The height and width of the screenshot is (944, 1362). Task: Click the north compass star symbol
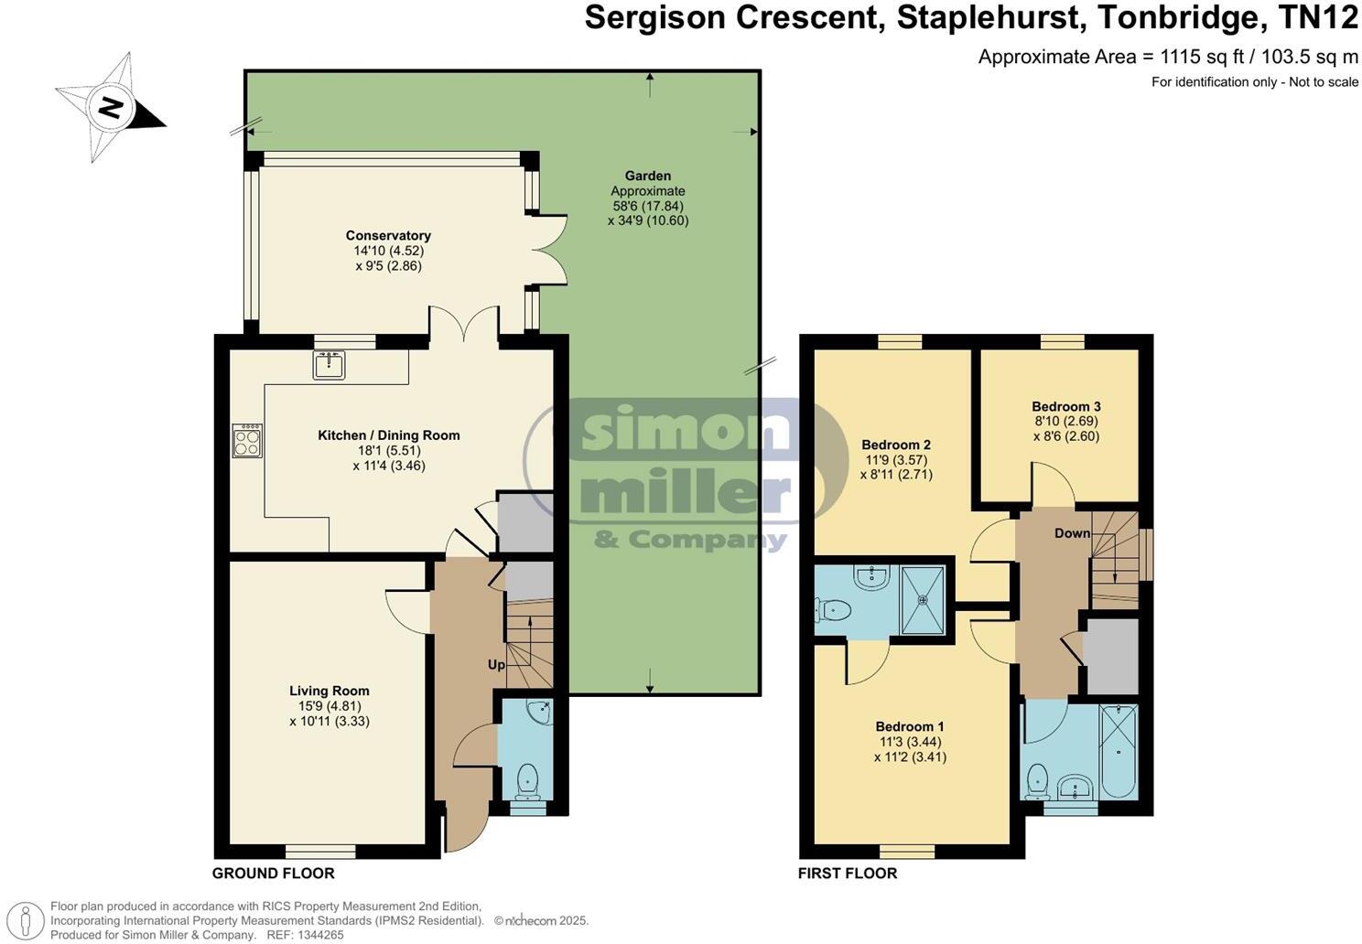(x=110, y=109)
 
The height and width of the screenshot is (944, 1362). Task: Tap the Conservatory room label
(x=388, y=236)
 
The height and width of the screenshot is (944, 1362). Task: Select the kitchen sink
(x=329, y=364)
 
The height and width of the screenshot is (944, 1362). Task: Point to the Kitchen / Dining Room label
(x=388, y=435)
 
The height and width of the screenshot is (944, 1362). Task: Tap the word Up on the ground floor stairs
(x=495, y=665)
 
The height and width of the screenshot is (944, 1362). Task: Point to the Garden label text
(x=648, y=176)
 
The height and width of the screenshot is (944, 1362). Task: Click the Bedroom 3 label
(x=1065, y=407)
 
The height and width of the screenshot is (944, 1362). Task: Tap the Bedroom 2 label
(x=896, y=445)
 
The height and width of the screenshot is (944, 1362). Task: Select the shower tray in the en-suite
(x=923, y=600)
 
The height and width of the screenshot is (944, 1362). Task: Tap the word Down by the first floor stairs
(x=1072, y=533)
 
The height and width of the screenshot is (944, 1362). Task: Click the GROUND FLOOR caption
(x=273, y=874)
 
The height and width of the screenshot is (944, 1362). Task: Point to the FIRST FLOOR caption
(x=848, y=874)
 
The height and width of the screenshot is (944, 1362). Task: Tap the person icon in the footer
(x=30, y=921)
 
